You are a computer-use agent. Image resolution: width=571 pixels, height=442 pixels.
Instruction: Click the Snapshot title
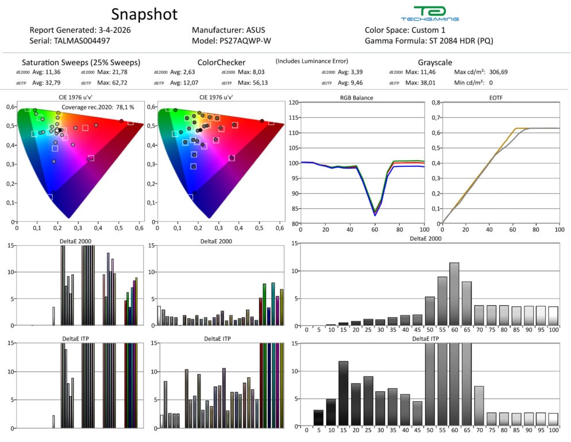click(144, 14)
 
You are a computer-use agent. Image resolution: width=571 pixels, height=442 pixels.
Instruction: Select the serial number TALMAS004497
click(83, 41)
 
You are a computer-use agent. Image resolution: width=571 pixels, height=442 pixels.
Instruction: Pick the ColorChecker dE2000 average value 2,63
click(190, 72)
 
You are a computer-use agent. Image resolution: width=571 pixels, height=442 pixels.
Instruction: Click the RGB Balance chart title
click(356, 98)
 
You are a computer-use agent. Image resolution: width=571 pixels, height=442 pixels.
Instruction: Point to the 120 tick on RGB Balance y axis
click(294, 102)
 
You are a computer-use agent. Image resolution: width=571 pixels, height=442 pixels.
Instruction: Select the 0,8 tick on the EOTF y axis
click(435, 102)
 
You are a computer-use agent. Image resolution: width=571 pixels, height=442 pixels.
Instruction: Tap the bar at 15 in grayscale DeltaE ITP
click(344, 394)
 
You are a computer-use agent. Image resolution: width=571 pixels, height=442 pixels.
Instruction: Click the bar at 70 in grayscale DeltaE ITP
click(479, 407)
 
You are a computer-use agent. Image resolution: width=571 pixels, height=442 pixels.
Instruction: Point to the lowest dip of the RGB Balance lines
click(375, 214)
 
